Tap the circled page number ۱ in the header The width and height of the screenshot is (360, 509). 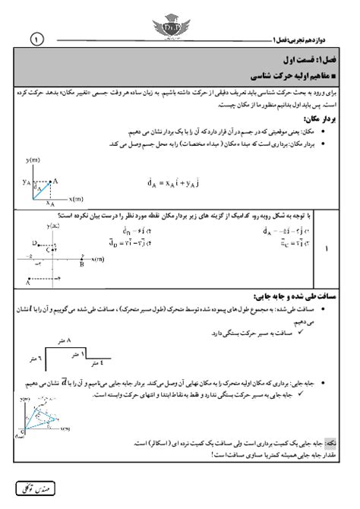click(36, 36)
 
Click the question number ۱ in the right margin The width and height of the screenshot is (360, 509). click(326, 248)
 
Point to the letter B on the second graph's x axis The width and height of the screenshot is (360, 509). click(81, 265)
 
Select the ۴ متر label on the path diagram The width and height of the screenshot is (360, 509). click(109, 367)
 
